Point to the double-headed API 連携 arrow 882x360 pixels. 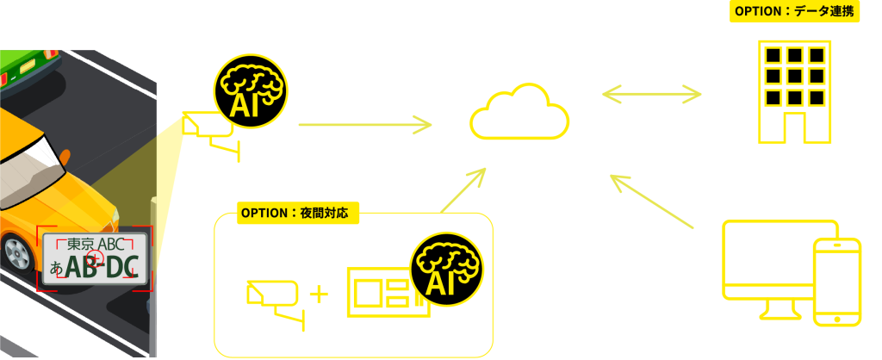pos(655,92)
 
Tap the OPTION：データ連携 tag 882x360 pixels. pos(794,12)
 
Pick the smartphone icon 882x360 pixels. pos(836,280)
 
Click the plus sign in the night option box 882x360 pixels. pos(319,294)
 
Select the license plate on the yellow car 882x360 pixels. pos(96,258)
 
